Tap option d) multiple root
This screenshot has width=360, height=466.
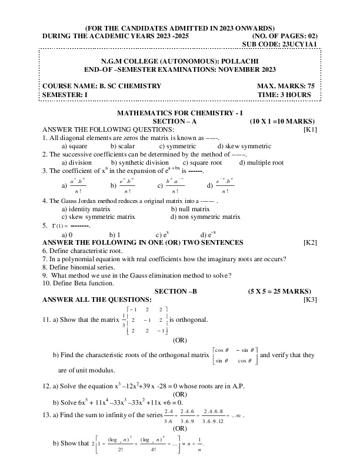point(261,162)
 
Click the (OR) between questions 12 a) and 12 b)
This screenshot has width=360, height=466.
point(181,394)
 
